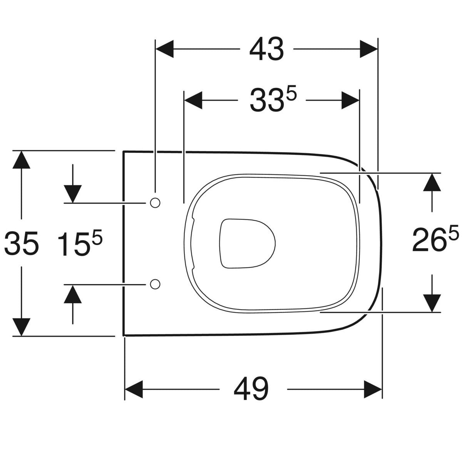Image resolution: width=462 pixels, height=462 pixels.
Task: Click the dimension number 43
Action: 266,50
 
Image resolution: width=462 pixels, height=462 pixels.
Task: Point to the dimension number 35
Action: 22,244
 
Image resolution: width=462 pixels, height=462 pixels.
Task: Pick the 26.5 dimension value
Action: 435,240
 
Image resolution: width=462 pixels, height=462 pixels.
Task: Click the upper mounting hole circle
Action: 155,203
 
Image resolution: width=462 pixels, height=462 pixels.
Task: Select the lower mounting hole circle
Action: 155,284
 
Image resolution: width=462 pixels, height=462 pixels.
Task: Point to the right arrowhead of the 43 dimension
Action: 368,49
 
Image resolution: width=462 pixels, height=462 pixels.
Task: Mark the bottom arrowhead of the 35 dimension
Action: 22,326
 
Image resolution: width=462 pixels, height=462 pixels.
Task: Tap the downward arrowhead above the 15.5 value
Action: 73,193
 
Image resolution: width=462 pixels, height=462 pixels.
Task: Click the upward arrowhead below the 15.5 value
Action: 73,294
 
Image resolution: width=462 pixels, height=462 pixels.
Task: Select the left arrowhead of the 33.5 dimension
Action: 194,100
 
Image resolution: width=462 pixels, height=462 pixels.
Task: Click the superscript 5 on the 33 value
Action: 291,94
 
